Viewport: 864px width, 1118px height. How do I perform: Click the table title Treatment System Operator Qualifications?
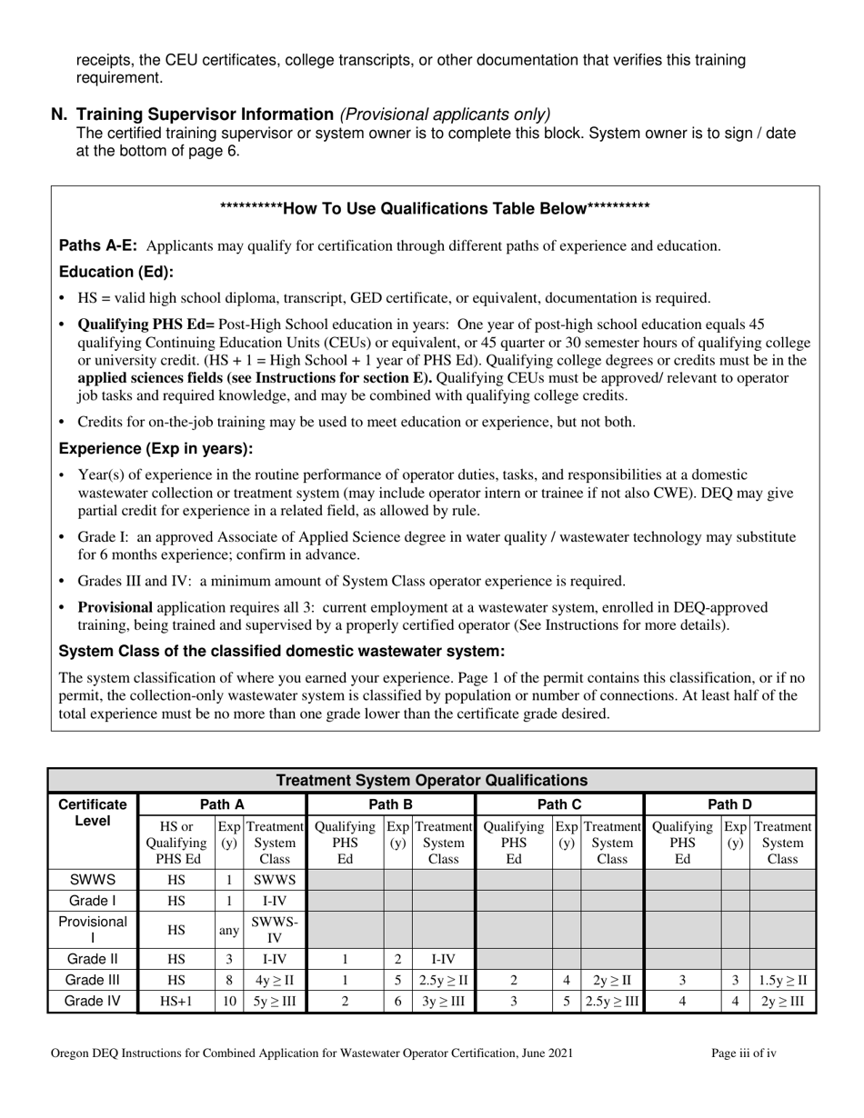[431, 780]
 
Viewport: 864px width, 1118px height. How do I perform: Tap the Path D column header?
[729, 804]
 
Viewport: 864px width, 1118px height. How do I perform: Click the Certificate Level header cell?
[92, 813]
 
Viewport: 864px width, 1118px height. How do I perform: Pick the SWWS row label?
[92, 880]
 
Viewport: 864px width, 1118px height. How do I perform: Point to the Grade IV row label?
[92, 1003]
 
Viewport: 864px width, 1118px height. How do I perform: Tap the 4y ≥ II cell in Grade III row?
[275, 981]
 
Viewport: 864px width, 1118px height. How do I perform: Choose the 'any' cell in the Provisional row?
[229, 931]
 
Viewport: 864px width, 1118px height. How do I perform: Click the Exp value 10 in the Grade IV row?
[229, 1003]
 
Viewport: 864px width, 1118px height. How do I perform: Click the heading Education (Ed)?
[116, 272]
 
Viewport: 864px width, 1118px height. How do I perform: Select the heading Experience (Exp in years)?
[156, 449]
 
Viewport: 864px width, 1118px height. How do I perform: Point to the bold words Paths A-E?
[98, 245]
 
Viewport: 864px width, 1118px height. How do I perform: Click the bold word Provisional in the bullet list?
[115, 607]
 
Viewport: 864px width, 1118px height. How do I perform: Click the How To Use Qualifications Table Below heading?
[435, 209]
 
